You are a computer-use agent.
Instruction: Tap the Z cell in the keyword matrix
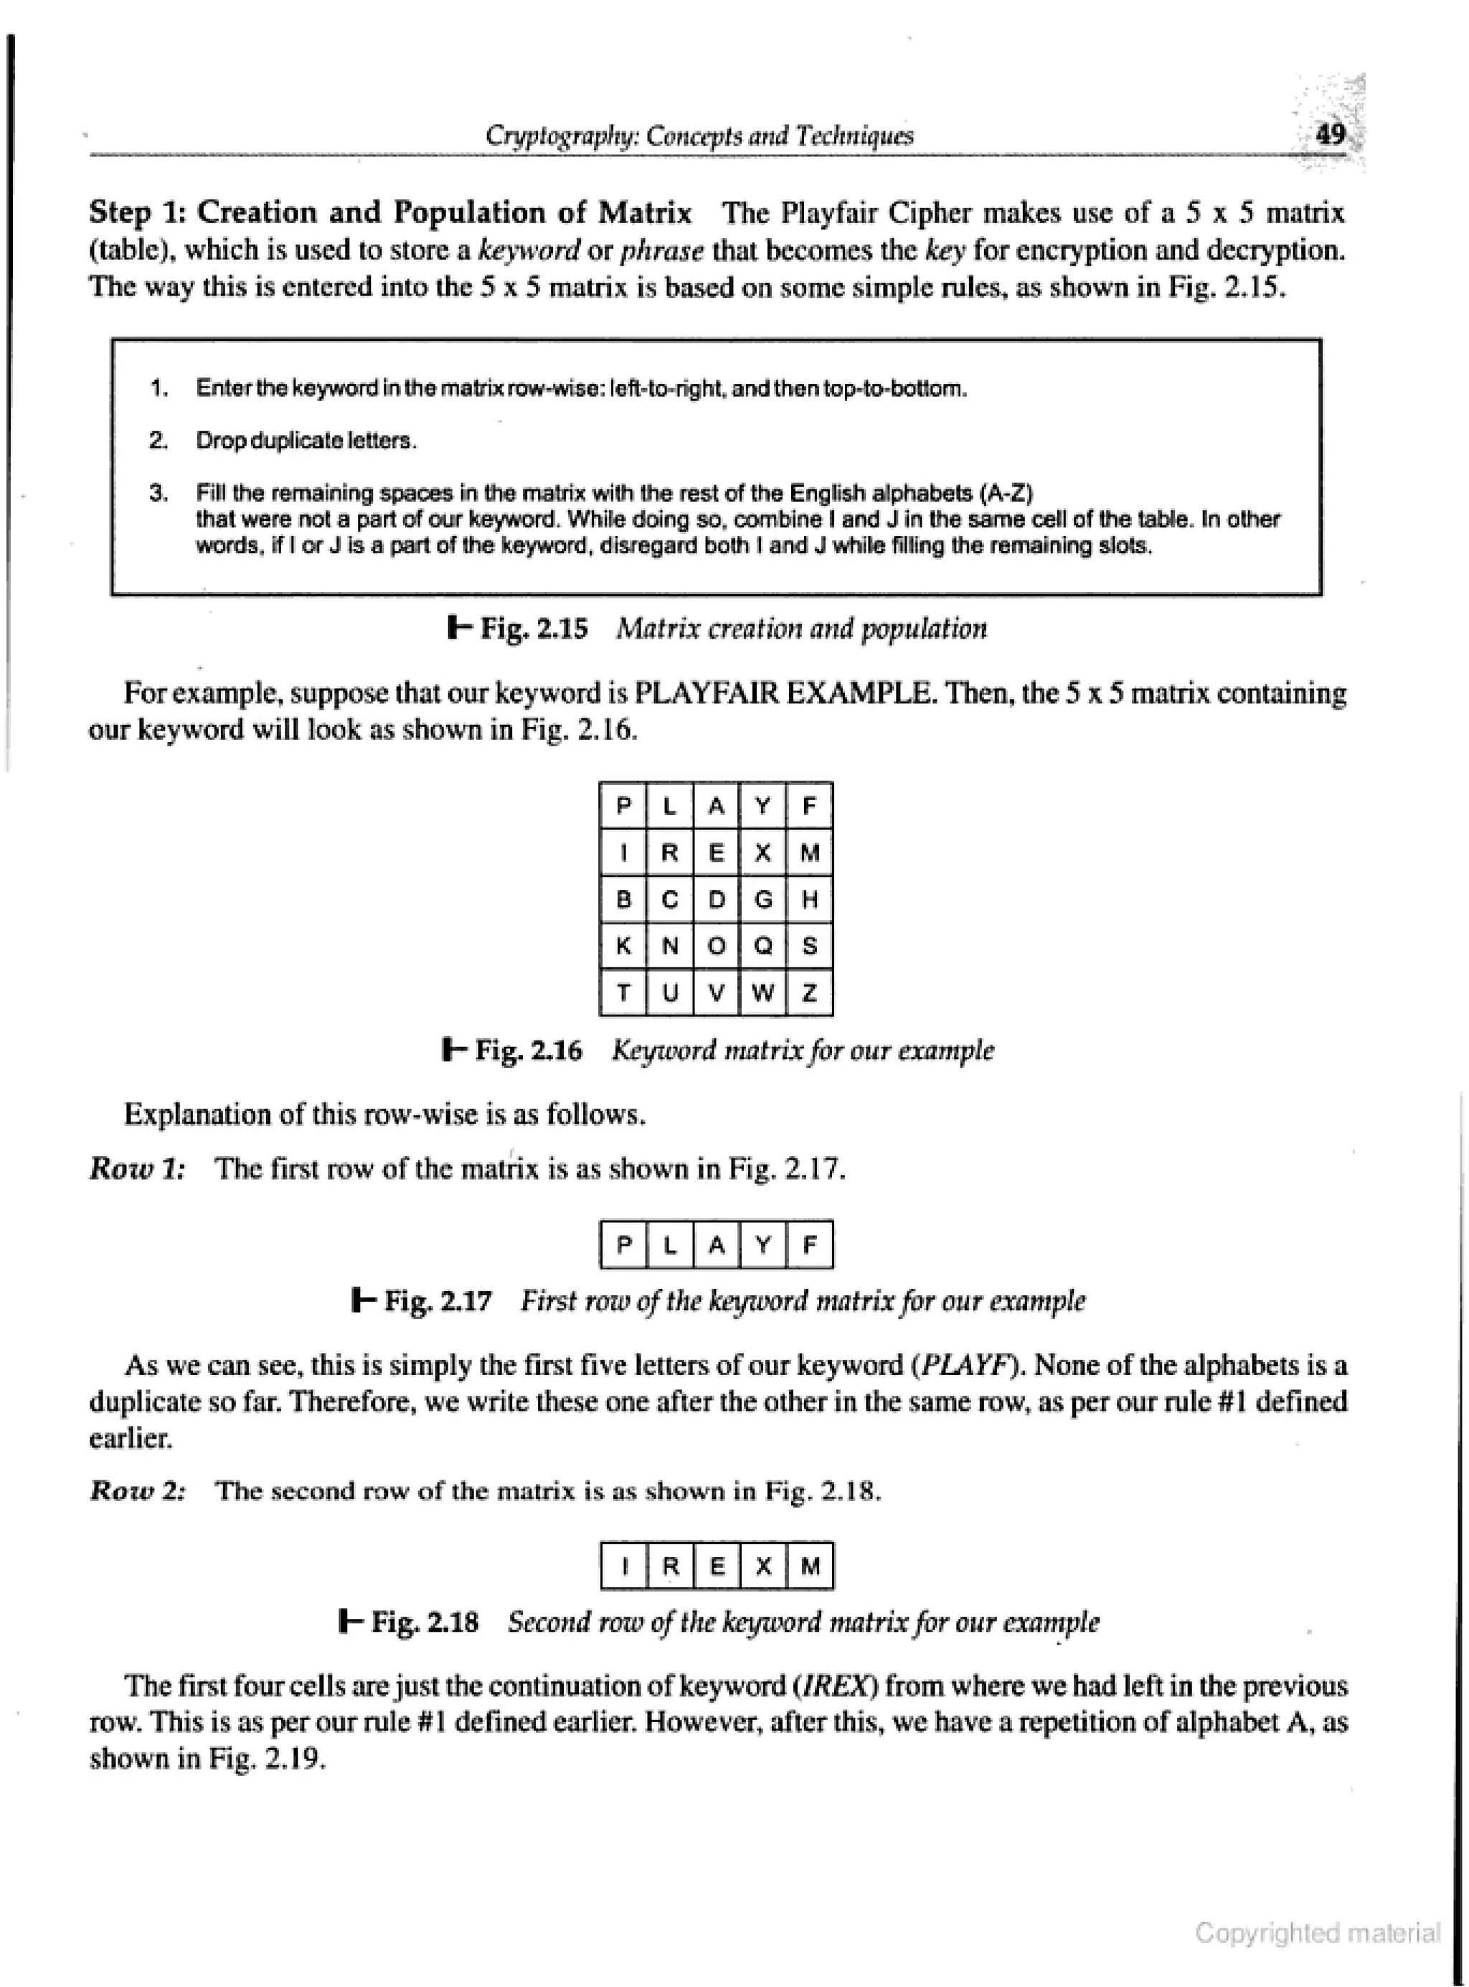coord(809,992)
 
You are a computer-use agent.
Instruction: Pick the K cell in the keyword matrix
coord(623,946)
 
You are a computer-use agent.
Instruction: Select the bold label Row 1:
coord(138,1168)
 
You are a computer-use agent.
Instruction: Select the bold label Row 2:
coord(138,1490)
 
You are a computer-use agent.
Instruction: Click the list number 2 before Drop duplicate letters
coord(159,441)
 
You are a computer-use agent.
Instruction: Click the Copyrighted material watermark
coord(1317,1932)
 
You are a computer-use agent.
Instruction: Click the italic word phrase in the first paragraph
coord(661,251)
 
